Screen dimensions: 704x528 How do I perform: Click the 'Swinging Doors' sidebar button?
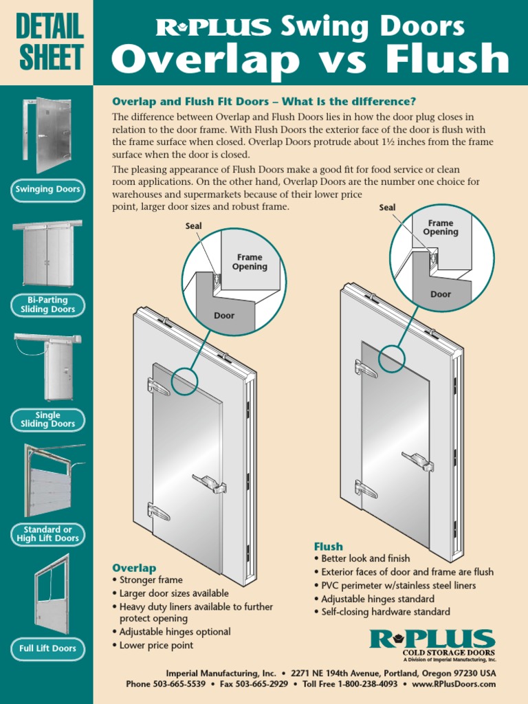(47, 189)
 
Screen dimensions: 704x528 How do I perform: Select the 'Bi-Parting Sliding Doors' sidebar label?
(47, 305)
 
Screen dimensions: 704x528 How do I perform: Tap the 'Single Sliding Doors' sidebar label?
(47, 420)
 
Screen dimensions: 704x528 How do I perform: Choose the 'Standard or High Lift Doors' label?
(47, 534)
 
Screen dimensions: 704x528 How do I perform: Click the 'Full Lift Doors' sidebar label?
(47, 648)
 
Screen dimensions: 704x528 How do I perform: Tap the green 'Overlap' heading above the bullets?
(134, 568)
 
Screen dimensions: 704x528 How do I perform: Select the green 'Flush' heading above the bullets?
(329, 547)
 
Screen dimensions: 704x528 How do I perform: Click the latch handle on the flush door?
(418, 461)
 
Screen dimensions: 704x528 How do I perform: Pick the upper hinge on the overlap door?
(158, 386)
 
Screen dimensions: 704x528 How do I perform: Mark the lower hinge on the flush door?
(366, 489)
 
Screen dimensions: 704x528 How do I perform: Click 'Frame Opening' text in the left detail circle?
(250, 262)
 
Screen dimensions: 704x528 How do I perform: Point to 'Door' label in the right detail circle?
(441, 294)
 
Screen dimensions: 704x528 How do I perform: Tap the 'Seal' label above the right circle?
(388, 207)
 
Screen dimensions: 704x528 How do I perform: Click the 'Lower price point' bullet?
(156, 645)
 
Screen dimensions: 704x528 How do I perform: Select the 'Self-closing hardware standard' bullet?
(382, 611)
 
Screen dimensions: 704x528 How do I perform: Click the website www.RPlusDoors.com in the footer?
(454, 684)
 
